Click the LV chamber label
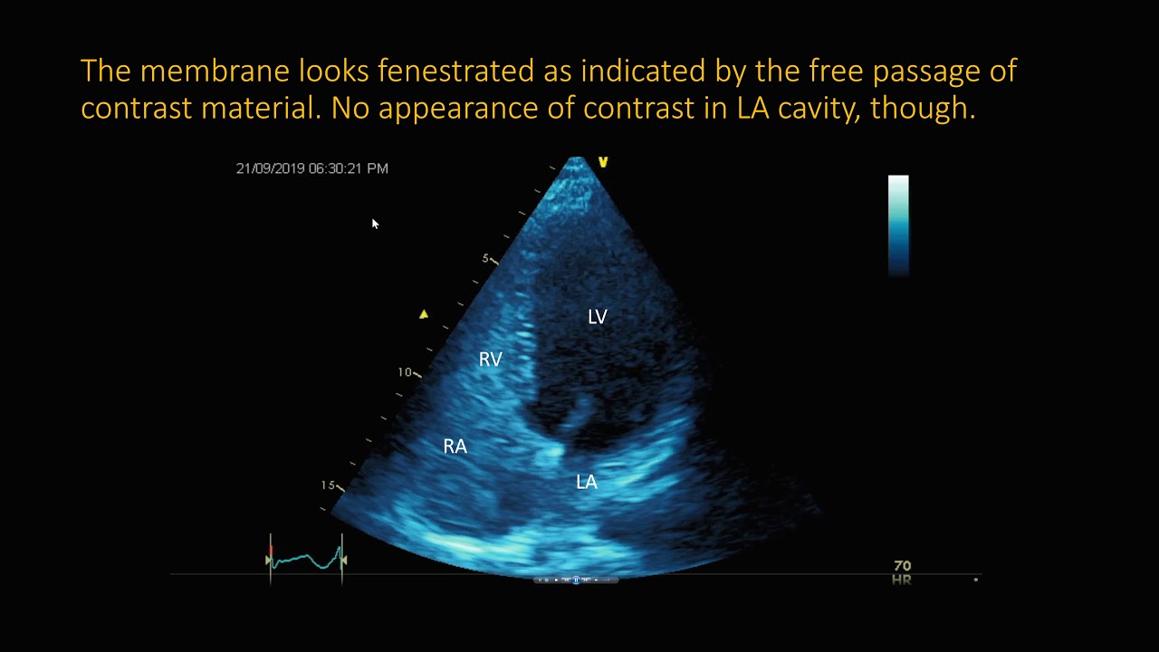point(597,317)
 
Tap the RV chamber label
point(490,360)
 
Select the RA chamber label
point(455,446)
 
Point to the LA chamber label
point(587,483)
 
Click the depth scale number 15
point(328,485)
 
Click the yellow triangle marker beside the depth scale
point(424,314)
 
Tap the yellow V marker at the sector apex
point(602,162)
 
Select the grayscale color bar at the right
point(898,225)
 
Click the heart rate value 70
point(902,566)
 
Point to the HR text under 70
point(901,580)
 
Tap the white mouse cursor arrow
point(375,224)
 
